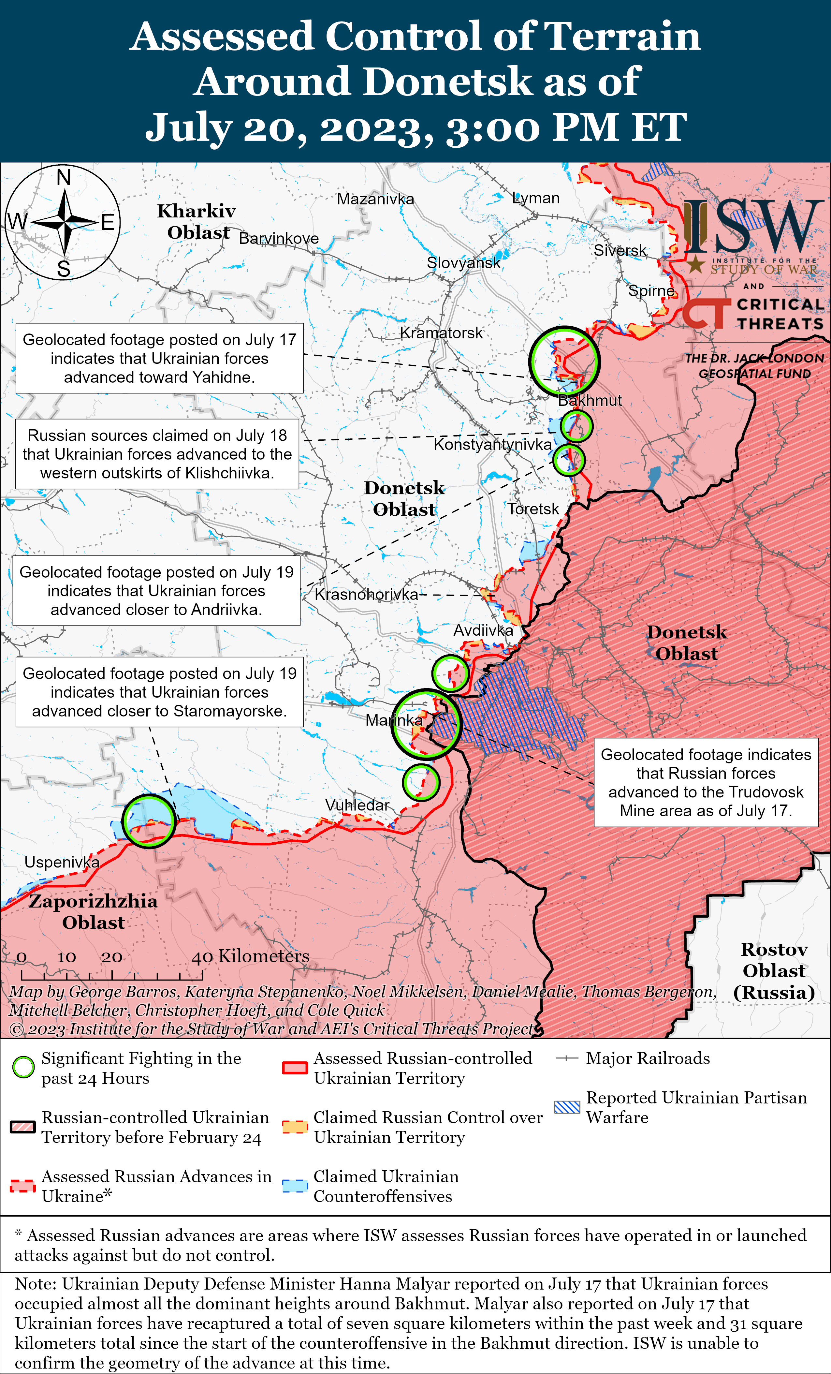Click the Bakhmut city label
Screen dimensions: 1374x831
tap(590, 400)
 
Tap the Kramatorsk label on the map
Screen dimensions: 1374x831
tap(442, 333)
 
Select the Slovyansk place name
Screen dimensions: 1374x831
tap(464, 263)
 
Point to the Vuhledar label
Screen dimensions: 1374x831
tap(357, 805)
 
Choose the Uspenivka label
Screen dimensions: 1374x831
tap(62, 862)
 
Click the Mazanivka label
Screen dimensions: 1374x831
tap(375, 199)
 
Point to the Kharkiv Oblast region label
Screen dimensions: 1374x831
tap(197, 221)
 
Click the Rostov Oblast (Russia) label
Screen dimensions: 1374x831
tap(774, 971)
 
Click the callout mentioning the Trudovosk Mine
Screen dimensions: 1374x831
tap(706, 782)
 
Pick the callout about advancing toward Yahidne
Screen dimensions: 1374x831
tap(159, 358)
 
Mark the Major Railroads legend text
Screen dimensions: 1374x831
tap(648, 1058)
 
